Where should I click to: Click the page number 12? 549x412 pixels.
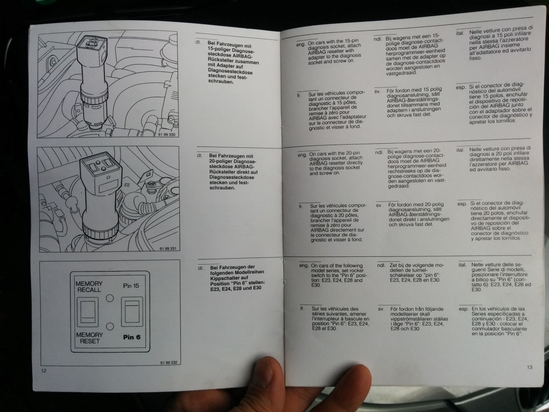point(44,370)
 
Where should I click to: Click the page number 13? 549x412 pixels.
point(529,367)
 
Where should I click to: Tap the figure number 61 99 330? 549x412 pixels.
point(167,135)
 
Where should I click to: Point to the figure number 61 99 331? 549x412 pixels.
point(168,249)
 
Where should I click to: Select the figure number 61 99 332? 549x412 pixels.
point(169,362)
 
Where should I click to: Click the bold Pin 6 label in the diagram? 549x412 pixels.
point(132,337)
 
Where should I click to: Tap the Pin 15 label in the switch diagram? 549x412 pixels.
point(131,286)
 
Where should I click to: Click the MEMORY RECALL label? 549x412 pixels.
point(89,287)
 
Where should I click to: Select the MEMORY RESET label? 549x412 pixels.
point(90,338)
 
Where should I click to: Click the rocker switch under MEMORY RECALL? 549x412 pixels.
point(87,312)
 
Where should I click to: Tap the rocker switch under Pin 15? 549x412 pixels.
point(132,312)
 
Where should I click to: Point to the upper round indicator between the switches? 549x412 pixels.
point(110,298)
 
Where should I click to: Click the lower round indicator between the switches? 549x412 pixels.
point(110,326)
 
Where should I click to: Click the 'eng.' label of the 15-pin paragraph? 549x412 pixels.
point(301,44)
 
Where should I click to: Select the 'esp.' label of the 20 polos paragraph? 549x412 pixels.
point(462,204)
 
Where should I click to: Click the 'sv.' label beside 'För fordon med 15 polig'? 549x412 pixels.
point(377,92)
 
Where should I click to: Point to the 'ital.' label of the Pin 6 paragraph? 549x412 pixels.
point(462,265)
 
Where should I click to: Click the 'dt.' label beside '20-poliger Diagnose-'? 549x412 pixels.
point(199,155)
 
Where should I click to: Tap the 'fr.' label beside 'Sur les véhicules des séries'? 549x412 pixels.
point(302,309)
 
